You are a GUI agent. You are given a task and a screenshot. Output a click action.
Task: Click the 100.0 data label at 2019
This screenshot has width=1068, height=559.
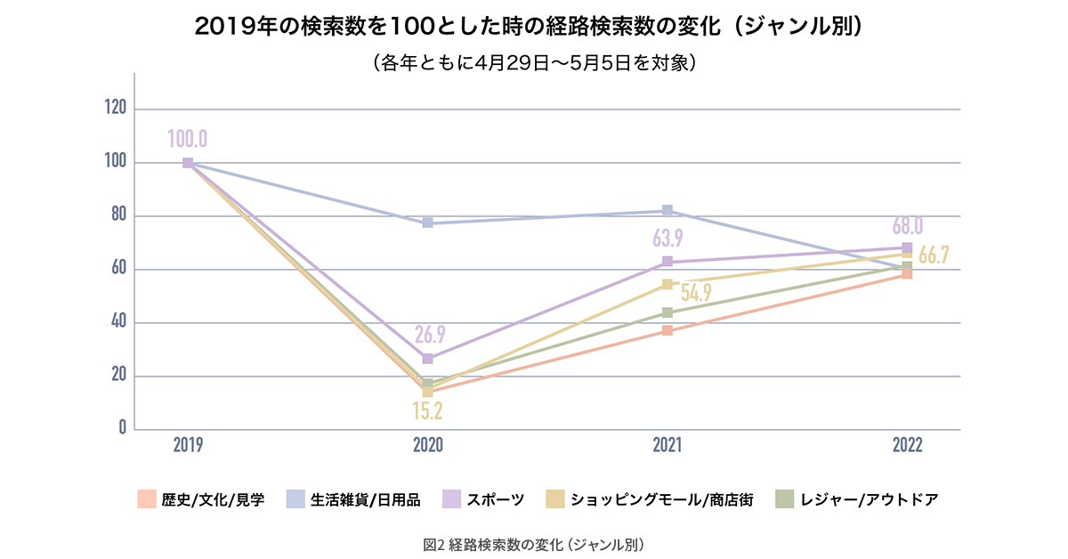coord(187,139)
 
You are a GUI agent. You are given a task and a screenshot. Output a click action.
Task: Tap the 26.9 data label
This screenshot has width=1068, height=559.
coord(429,335)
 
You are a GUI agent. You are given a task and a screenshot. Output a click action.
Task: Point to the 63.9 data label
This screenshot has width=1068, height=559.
coord(667,239)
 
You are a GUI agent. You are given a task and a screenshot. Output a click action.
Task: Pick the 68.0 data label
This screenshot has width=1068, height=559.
coord(906,225)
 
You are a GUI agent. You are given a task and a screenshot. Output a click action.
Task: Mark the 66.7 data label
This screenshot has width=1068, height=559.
coord(933,255)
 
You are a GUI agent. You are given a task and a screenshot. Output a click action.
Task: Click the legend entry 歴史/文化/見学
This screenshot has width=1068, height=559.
coord(200,499)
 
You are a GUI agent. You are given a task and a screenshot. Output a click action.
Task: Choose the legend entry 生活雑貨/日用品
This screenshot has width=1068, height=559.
coord(353,499)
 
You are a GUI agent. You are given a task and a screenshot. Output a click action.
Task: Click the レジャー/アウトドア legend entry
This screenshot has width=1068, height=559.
coord(855,499)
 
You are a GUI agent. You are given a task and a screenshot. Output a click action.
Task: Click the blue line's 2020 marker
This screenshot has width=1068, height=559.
coord(428,223)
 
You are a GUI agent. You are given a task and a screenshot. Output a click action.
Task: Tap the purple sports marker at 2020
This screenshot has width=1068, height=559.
coord(428,358)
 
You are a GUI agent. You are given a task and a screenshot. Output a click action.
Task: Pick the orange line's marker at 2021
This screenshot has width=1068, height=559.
coord(667,331)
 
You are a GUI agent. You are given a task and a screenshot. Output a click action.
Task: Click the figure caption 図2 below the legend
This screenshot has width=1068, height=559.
coord(534,542)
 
